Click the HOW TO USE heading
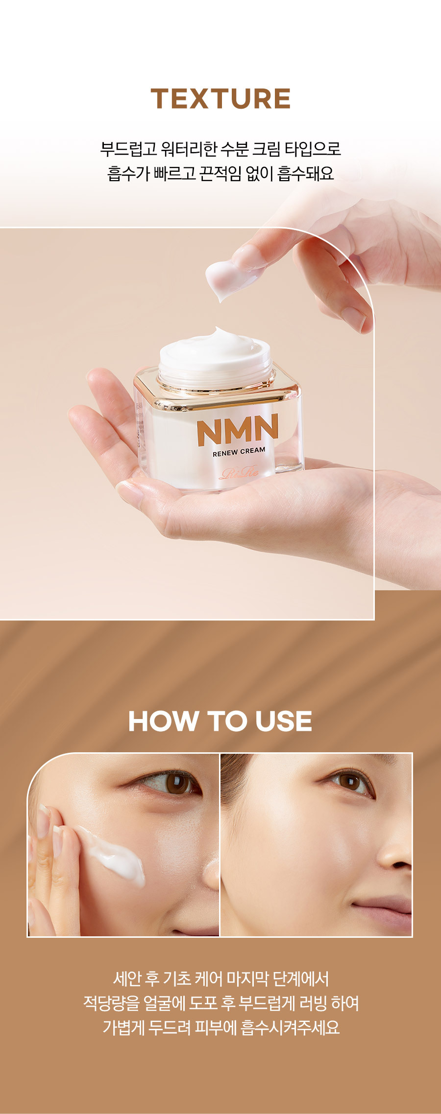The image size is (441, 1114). (x=220, y=721)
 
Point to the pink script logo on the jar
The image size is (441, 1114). (x=240, y=473)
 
